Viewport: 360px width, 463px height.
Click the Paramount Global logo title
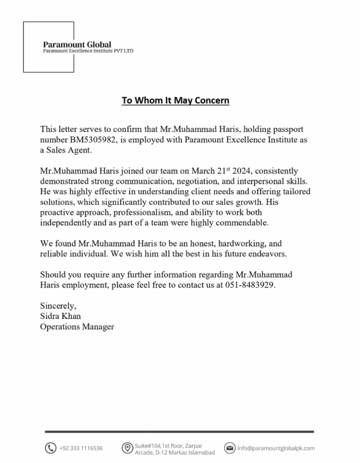pyautogui.click(x=77, y=44)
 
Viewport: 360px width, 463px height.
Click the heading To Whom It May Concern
pyautogui.click(x=175, y=100)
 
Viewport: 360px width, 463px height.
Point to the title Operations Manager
pyautogui.click(x=77, y=326)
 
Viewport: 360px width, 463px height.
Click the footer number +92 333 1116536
pyautogui.click(x=81, y=449)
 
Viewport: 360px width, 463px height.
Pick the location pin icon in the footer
pyautogui.click(x=127, y=448)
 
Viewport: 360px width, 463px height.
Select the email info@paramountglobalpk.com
pyautogui.click(x=276, y=449)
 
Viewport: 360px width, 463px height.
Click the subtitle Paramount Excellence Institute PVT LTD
pyautogui.click(x=88, y=51)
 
